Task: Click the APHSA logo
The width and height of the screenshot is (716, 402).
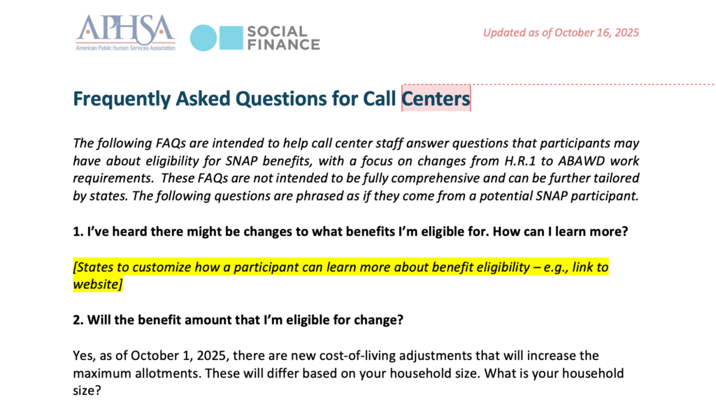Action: tap(126, 32)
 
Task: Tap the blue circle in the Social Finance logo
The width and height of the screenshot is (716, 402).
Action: tap(203, 38)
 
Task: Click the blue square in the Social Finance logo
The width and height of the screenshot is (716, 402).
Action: tap(231, 38)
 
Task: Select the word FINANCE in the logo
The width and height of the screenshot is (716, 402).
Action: tap(284, 45)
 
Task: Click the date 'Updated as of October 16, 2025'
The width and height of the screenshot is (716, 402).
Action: tap(561, 33)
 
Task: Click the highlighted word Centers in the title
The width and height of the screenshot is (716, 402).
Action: tap(436, 98)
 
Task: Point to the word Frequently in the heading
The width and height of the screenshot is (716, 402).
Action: tap(122, 99)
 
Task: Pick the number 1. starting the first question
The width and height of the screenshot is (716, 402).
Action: tap(78, 232)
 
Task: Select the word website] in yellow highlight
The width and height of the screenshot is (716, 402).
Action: tap(98, 285)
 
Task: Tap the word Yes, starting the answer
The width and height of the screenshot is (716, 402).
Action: tap(83, 356)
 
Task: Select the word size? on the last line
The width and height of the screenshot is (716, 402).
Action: tap(87, 391)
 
